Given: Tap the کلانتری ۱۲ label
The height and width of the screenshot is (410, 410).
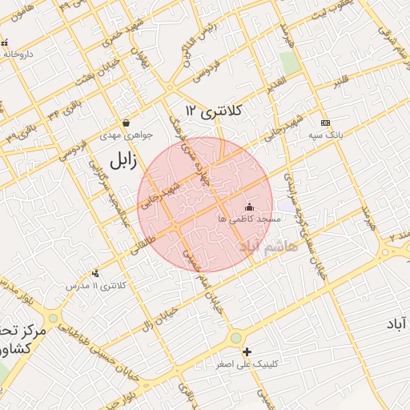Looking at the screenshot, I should tap(215, 109).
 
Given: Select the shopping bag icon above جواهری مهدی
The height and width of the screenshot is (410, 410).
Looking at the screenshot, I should tap(127, 123).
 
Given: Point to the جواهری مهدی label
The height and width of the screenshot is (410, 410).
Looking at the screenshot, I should tap(121, 136).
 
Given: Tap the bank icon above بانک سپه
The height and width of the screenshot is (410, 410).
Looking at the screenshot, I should tap(324, 123).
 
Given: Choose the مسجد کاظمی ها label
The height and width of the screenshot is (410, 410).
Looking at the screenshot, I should tap(249, 219).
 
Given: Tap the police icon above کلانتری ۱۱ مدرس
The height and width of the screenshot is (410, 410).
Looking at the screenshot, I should tap(96, 273).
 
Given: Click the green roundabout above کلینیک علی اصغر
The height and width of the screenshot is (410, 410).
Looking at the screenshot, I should tap(235, 339).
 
